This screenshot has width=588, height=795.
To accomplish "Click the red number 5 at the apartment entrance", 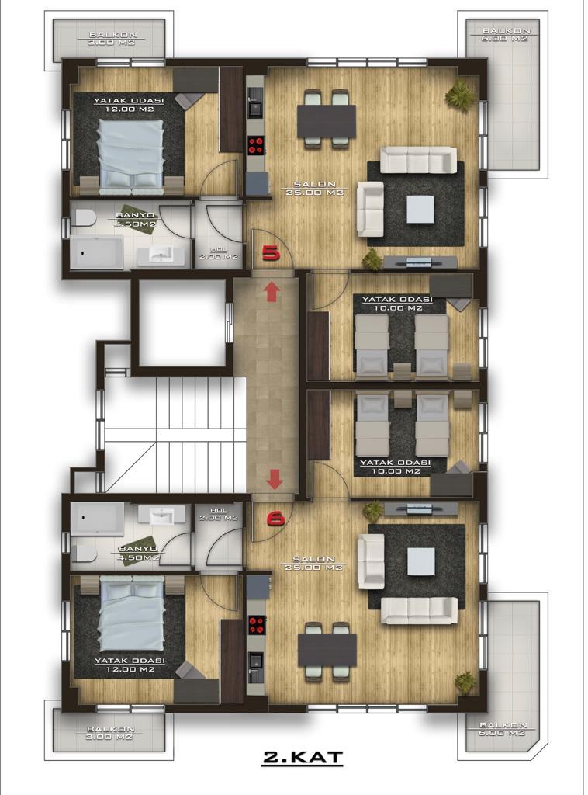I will [271, 252].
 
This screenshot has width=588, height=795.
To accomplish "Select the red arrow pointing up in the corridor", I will [272, 292].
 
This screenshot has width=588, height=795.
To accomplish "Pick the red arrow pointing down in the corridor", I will [274, 479].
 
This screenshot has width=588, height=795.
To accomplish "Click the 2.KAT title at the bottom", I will [302, 758].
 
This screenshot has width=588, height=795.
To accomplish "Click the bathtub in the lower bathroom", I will [97, 519].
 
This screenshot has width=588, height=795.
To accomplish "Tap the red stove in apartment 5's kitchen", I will [256, 144].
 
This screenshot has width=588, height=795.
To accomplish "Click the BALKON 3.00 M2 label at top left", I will [110, 39].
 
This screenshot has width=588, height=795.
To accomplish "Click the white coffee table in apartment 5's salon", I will [420, 208].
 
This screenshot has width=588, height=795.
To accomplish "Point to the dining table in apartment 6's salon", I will [327, 649].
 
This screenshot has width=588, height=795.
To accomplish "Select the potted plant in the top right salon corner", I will [461, 95].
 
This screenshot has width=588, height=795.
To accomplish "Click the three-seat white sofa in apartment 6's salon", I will [420, 611].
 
